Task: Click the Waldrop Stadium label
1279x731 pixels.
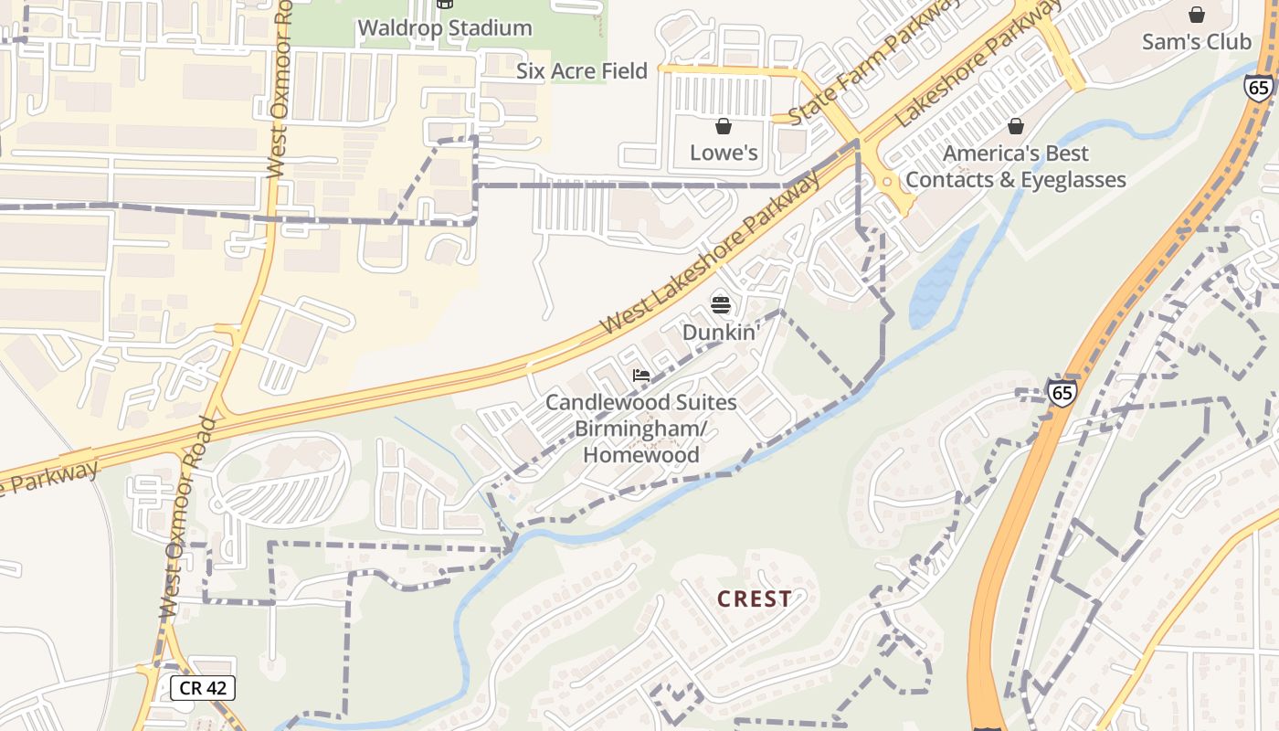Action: [445, 27]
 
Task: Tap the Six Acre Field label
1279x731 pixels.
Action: [582, 71]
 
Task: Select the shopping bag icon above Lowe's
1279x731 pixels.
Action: [724, 126]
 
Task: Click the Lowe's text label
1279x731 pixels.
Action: [724, 153]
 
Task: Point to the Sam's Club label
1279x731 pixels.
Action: [1196, 42]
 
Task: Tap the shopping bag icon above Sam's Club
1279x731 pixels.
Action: [1197, 15]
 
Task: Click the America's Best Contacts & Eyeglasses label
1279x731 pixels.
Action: [1016, 166]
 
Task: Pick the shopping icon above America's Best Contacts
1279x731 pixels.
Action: [1016, 126]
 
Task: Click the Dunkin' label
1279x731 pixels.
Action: [721, 332]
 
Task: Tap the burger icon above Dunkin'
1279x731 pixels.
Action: [721, 304]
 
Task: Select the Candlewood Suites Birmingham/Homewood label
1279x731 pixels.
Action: [641, 429]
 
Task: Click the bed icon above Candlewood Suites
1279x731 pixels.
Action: [641, 376]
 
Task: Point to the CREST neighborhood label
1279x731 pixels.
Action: [755, 599]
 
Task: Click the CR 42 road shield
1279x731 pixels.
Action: [203, 688]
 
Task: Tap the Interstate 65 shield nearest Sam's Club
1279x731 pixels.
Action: [1258, 88]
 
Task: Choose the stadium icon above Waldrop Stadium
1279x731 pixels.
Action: [445, 4]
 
